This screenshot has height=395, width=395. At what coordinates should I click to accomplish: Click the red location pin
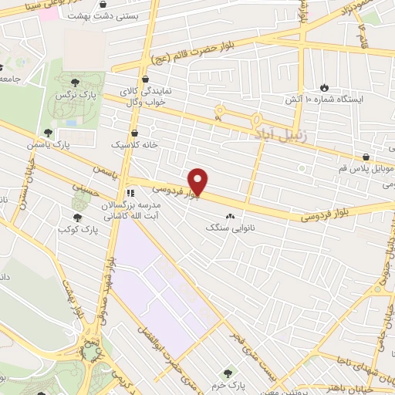[198, 181]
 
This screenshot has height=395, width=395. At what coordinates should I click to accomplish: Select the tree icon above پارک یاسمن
[48, 133]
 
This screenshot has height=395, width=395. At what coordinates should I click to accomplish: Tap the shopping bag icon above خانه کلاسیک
[135, 132]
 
